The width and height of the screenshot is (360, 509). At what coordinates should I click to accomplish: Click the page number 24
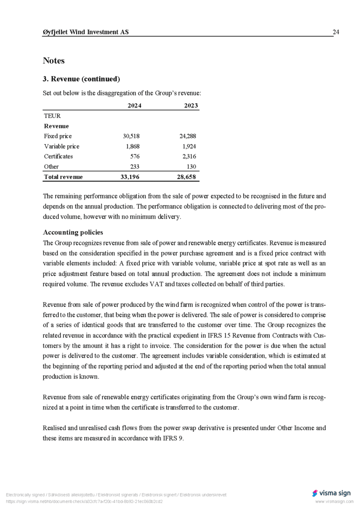(336, 32)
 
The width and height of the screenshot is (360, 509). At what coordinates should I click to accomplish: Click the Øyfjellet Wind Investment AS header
(86, 32)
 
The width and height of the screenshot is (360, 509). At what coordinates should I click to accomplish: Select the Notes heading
(54, 61)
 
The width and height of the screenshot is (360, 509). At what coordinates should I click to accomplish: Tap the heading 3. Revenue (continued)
(82, 79)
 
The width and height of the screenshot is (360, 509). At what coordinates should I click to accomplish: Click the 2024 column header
(134, 105)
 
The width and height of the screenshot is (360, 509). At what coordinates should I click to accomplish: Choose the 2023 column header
(191, 105)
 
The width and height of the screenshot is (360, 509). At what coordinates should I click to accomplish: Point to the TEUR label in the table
(52, 116)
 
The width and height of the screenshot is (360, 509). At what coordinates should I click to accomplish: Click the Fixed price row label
(58, 136)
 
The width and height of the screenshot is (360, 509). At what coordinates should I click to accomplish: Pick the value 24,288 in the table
(187, 136)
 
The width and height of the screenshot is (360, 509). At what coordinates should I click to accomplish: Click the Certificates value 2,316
(189, 157)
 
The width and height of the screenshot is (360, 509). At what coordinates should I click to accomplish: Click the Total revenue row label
(64, 177)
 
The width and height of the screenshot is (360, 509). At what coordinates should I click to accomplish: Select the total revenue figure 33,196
(131, 177)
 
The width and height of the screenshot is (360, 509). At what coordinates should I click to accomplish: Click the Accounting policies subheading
(73, 232)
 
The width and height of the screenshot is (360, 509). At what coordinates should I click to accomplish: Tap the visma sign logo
(331, 493)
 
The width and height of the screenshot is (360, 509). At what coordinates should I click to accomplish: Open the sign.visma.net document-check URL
(85, 502)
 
